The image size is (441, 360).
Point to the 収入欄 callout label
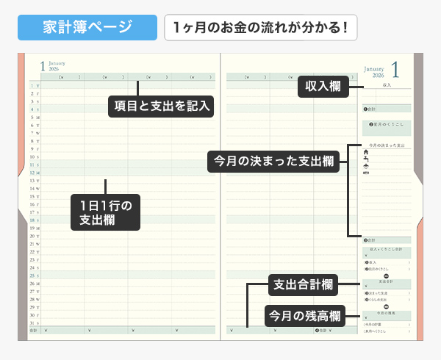pyautogui.click(x=324, y=87)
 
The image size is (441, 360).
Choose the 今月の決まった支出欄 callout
pyautogui.click(x=273, y=161)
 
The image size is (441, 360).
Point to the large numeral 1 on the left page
pyautogui.click(x=43, y=67)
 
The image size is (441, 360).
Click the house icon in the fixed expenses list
pyautogui.click(x=366, y=154)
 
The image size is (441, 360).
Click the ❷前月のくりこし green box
pyautogui.click(x=387, y=125)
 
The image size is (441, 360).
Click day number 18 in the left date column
pyautogui.click(x=32, y=220)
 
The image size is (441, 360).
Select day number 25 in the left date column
pyautogui.click(x=32, y=276)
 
